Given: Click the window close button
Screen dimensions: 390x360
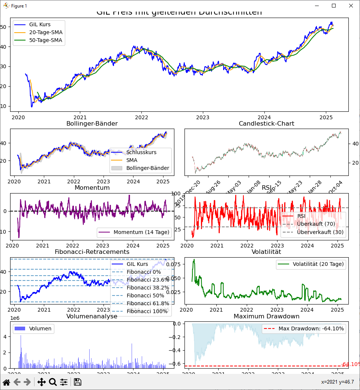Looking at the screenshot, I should (x=351, y=6).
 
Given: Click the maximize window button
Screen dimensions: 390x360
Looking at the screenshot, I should (x=333, y=6).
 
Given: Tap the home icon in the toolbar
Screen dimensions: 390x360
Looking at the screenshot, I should (x=6, y=382).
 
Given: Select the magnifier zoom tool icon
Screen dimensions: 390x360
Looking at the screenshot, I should (x=53, y=382).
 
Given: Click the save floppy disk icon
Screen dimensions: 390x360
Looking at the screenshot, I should (x=78, y=382).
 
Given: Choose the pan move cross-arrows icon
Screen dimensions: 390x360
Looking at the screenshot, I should (x=41, y=382).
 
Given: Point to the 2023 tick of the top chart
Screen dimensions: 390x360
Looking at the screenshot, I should (x=203, y=117).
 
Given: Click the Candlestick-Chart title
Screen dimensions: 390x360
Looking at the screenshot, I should (x=266, y=123).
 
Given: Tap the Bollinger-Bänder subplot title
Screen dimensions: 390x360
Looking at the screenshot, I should (x=92, y=123).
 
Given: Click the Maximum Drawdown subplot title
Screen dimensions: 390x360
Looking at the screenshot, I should (x=266, y=316).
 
